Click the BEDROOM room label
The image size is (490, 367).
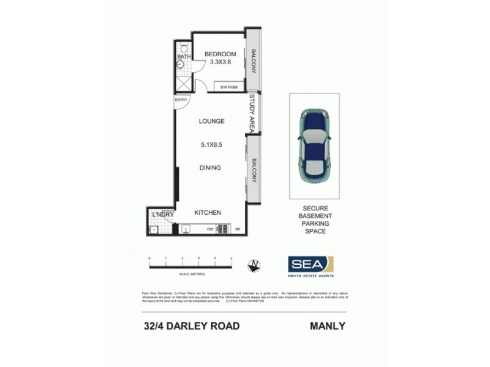tap(220, 54)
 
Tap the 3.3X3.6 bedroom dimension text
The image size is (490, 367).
tap(220, 62)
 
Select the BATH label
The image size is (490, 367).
tap(184, 57)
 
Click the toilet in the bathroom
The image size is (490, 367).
tap(184, 48)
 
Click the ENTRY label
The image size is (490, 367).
tap(181, 99)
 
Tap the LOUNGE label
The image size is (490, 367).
tap(211, 121)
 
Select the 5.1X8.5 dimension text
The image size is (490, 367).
tap(211, 145)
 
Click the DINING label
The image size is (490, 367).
tap(210, 168)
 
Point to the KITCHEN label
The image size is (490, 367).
tap(208, 213)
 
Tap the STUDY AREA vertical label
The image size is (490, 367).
tap(251, 113)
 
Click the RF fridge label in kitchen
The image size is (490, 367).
tap(238, 229)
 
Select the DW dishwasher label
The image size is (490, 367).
tap(210, 229)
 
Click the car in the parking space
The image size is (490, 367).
tap(314, 146)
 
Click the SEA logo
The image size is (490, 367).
tap(311, 264)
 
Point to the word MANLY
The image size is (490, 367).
tap(328, 326)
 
